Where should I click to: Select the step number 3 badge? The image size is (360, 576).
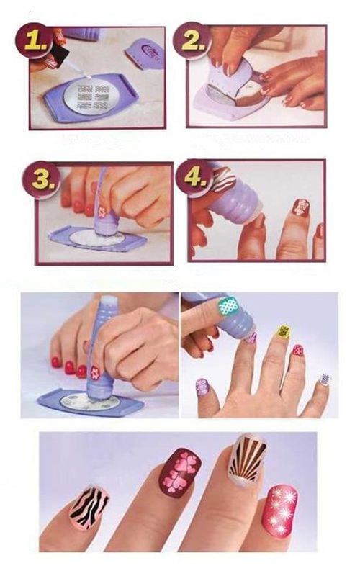42,180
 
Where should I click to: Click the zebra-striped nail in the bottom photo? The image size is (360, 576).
89,503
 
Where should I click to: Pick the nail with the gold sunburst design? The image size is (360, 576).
247,459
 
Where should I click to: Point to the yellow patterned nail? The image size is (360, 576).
282,332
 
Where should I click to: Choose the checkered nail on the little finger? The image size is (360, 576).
323,379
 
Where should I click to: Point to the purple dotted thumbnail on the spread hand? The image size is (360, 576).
202,387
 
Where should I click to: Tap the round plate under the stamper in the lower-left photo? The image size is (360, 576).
91,403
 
